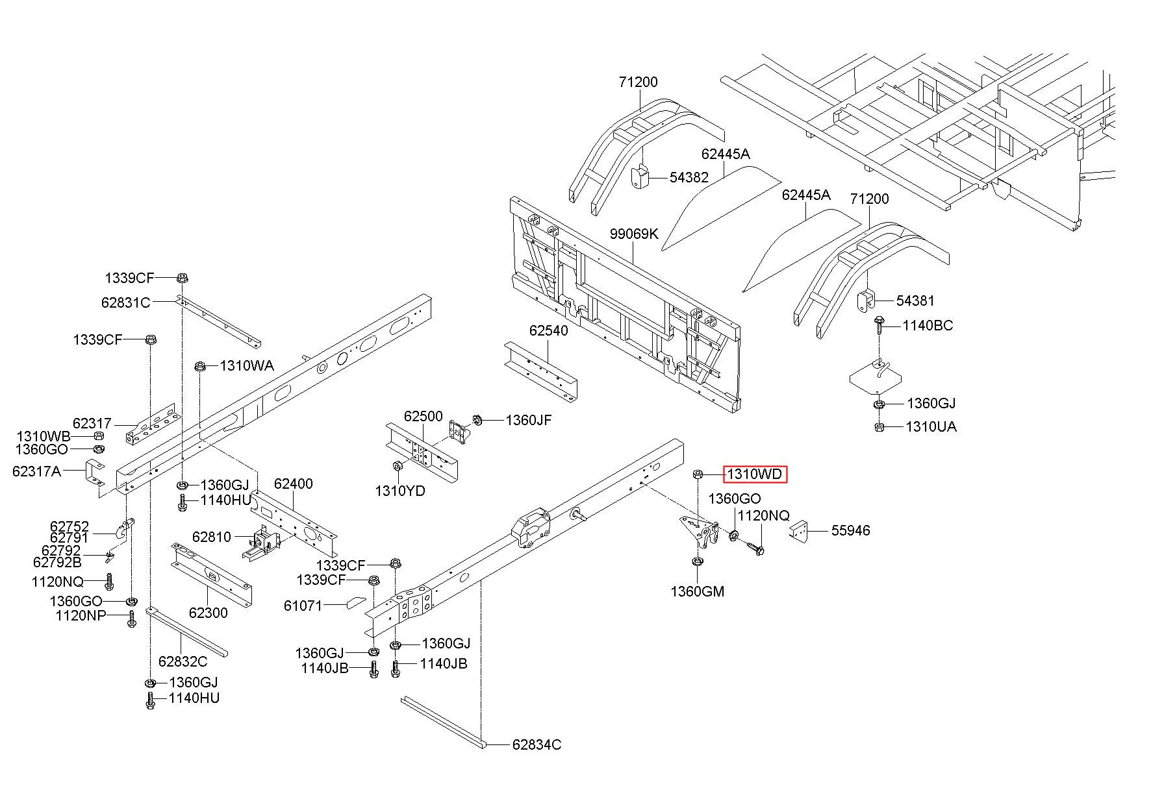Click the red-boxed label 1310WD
pyautogui.click(x=754, y=474)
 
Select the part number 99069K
pyautogui.click(x=634, y=234)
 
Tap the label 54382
pyautogui.click(x=689, y=177)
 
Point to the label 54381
pyautogui.click(x=915, y=301)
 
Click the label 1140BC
pyautogui.click(x=928, y=325)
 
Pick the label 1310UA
pyautogui.click(x=931, y=427)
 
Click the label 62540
pyautogui.click(x=548, y=330)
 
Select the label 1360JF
pyautogui.click(x=529, y=420)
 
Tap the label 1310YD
pyautogui.click(x=400, y=491)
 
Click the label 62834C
pyautogui.click(x=537, y=744)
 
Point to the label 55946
pyautogui.click(x=851, y=530)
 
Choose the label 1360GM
pyautogui.click(x=698, y=591)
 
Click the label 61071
pyautogui.click(x=303, y=606)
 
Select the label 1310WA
pyautogui.click(x=247, y=365)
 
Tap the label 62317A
pyautogui.click(x=36, y=471)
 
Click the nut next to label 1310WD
pyautogui.click(x=698, y=474)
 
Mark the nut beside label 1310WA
pyautogui.click(x=200, y=366)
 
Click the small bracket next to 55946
pyautogui.click(x=799, y=531)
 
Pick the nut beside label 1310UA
pyautogui.click(x=878, y=427)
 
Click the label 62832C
pyautogui.click(x=183, y=661)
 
